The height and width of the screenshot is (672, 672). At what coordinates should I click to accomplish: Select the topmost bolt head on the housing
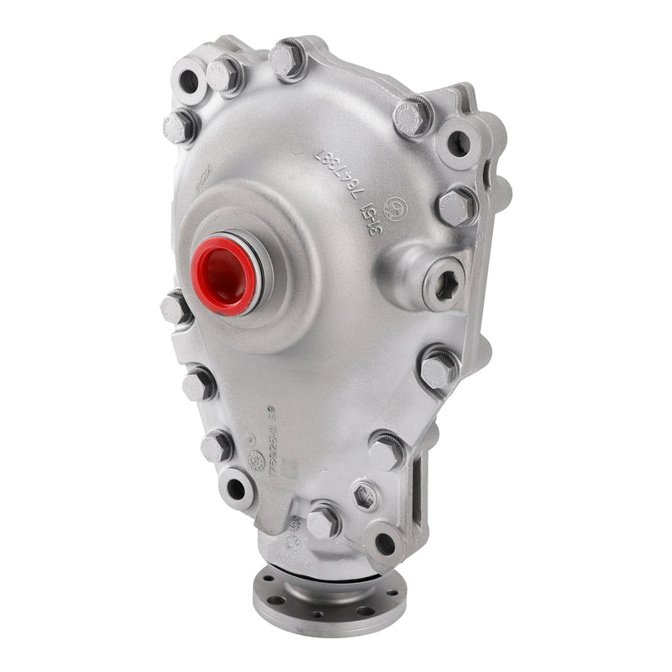click(x=286, y=58)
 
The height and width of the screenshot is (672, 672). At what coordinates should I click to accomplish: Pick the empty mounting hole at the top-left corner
click(x=188, y=81)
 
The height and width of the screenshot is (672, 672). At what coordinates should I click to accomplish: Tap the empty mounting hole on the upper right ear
click(x=457, y=142)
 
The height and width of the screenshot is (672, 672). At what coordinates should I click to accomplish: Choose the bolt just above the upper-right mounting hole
click(x=413, y=116)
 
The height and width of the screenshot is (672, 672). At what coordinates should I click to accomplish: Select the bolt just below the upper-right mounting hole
click(x=456, y=206)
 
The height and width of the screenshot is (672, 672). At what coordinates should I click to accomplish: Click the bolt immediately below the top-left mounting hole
click(x=180, y=127)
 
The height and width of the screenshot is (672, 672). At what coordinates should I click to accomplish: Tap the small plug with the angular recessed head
click(x=365, y=496)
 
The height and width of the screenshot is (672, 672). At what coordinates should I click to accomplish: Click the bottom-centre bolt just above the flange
click(x=323, y=522)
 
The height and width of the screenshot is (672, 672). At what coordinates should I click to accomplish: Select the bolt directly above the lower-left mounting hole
click(x=217, y=446)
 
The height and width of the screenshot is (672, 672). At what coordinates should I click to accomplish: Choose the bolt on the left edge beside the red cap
click(x=176, y=308)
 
